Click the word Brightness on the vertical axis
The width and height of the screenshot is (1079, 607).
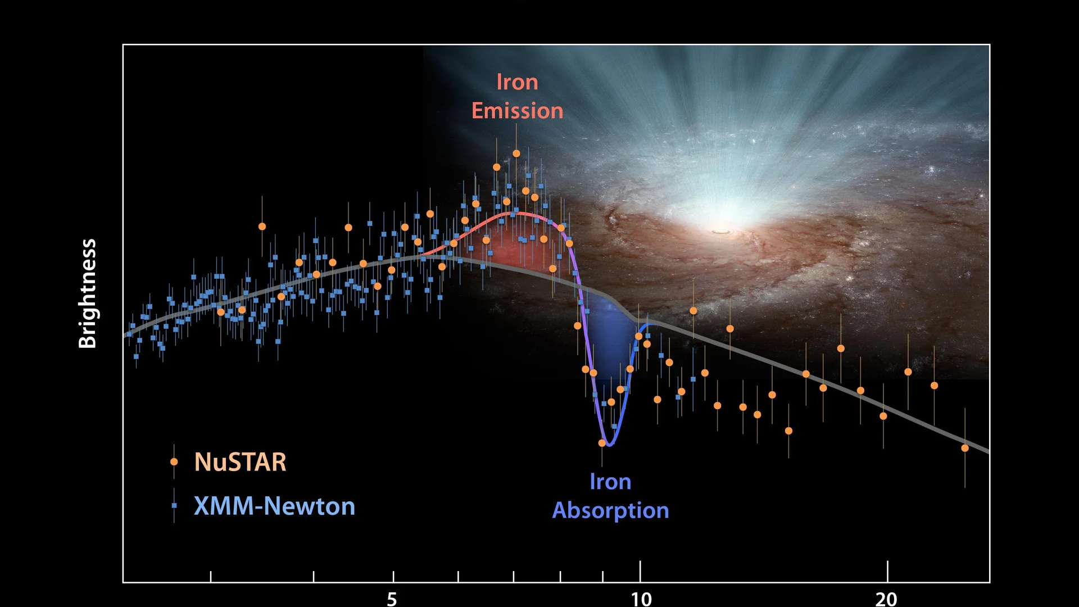pos(88,293)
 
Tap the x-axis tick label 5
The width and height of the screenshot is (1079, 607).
pos(392,599)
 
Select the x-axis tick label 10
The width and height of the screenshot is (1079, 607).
pos(641,599)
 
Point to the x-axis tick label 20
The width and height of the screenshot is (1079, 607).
pos(887,599)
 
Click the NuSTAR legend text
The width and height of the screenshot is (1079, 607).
pos(240,462)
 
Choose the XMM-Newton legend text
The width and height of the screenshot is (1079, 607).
pos(274,506)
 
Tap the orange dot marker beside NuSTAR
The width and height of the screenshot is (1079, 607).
pos(174,461)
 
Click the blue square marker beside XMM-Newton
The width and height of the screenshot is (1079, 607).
pos(174,506)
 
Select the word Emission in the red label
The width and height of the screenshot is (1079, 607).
pos(517,111)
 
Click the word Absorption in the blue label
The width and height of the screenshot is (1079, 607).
pos(611,510)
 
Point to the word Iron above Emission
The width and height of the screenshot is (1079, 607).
pos(517,82)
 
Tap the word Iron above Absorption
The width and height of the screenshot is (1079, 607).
pos(611,482)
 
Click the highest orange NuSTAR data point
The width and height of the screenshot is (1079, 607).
pos(516,153)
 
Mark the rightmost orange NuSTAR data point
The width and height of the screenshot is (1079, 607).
pos(965,448)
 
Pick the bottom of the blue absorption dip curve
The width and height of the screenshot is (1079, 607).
pos(609,445)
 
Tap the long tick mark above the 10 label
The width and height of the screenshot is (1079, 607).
pos(640,571)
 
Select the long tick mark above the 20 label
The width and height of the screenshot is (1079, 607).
pos(887,571)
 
